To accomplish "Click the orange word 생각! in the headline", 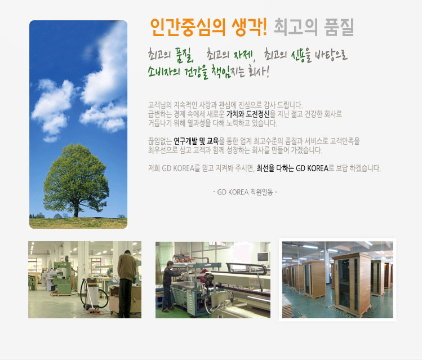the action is coord(249,27).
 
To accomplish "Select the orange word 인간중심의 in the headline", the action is coord(188,27).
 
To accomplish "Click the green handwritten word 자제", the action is coord(243,55).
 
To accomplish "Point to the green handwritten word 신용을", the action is coord(301,55).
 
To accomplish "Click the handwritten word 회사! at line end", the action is coord(259,71).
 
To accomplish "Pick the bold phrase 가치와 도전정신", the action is coord(247,114).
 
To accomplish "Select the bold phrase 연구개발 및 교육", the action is coord(196,141).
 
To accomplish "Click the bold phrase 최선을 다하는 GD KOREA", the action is coord(292,168).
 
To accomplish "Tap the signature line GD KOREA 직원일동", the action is coord(245,192).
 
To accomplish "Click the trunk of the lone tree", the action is coord(76,210).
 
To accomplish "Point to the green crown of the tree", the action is coord(76,175).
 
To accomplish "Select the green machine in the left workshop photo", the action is coord(62,277).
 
